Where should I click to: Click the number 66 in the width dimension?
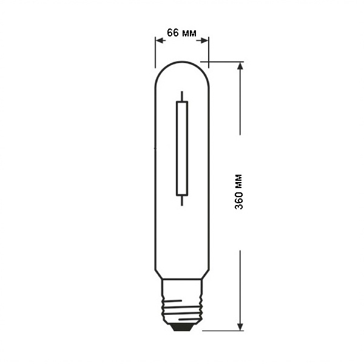[173, 33]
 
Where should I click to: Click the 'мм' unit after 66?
[189, 34]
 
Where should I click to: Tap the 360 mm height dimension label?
[238, 192]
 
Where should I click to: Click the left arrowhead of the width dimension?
[161, 41]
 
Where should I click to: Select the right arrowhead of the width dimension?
[203, 41]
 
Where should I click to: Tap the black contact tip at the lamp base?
[182, 328]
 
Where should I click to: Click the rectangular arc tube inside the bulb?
[182, 149]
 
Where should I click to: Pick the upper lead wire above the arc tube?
[182, 96]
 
